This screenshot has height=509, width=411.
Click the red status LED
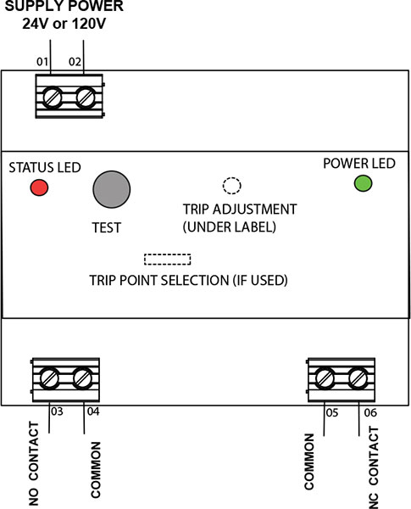[39, 187]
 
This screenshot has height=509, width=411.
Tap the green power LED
[363, 183]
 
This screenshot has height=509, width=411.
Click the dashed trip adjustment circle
[232, 186]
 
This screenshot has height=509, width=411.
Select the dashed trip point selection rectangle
[168, 260]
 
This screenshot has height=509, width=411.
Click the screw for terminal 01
[52, 98]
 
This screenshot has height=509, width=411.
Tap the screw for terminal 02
[86, 98]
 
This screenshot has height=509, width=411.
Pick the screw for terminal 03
[50, 378]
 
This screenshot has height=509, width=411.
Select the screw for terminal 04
[83, 378]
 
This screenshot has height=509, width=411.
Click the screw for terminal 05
[325, 378]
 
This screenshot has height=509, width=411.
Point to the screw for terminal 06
[358, 378]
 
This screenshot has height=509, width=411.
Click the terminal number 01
[42, 62]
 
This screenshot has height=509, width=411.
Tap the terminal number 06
[370, 412]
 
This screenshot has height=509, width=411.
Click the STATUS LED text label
[45, 167]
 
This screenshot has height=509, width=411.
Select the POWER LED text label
[359, 163]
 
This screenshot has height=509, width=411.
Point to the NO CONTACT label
[34, 463]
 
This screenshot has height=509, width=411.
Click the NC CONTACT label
[374, 467]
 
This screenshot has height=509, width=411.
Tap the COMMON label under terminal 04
[96, 470]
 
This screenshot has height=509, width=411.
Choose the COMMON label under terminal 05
[309, 461]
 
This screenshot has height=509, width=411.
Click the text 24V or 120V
[64, 24]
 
